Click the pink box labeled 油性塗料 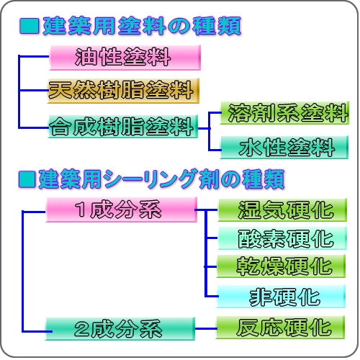pyautogui.click(x=125, y=58)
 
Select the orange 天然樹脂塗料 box pyautogui.click(x=123, y=91)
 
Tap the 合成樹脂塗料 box pyautogui.click(x=123, y=127)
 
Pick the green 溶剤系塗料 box pyautogui.click(x=284, y=113)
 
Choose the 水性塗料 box pyautogui.click(x=284, y=147)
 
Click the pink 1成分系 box pyautogui.click(x=122, y=210)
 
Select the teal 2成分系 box pyautogui.click(x=120, y=328)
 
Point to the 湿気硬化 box pyautogui.click(x=282, y=210)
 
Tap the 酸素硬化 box pyautogui.click(x=282, y=238)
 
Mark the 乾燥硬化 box pyautogui.click(x=281, y=266)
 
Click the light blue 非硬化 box pyautogui.click(x=281, y=297)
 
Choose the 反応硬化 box pyautogui.click(x=280, y=328)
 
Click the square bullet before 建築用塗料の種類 pyautogui.click(x=30, y=26)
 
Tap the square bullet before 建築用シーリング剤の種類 pyautogui.click(x=27, y=179)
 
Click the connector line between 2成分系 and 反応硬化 pyautogui.click(x=206, y=328)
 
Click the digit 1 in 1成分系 pyautogui.click(x=81, y=210)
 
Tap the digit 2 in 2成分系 pyautogui.click(x=81, y=329)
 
